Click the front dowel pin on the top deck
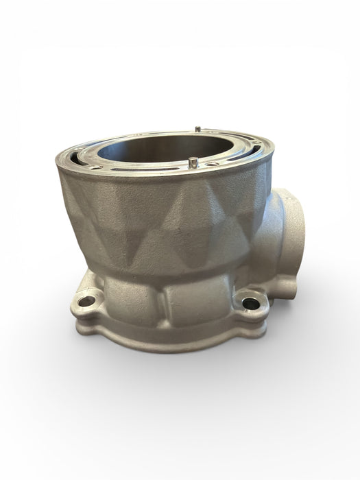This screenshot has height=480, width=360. coord(193,162)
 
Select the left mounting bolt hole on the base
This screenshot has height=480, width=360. coord(87,300)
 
